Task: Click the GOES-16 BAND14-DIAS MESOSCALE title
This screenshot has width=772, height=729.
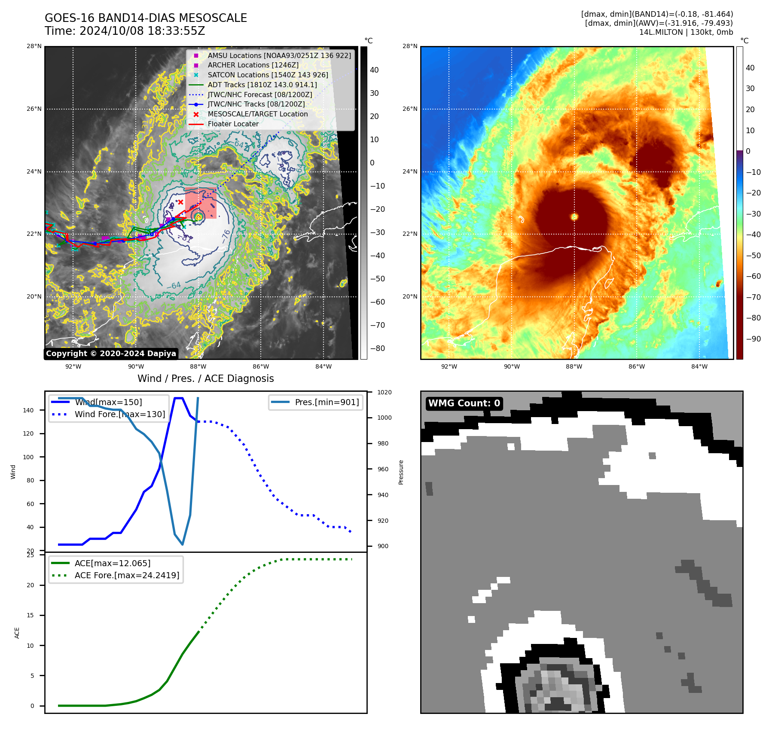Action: click(146, 18)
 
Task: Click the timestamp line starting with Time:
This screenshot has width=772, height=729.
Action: click(125, 31)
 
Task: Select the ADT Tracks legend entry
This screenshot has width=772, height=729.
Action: click(262, 85)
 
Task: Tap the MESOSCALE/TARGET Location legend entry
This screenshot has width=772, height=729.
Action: click(257, 114)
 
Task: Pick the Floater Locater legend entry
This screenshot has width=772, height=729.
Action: click(233, 124)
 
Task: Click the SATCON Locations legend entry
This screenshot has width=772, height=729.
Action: click(268, 75)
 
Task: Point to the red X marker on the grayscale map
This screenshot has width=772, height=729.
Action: click(181, 202)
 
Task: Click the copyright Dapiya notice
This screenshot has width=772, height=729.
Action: click(111, 354)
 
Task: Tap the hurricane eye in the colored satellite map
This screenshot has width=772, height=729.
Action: click(574, 217)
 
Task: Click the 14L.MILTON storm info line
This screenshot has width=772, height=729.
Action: click(686, 32)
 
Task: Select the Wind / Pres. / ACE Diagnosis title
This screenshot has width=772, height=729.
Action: click(205, 378)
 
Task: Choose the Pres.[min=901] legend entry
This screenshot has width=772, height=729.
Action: click(326, 402)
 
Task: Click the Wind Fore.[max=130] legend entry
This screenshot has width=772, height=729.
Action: click(119, 414)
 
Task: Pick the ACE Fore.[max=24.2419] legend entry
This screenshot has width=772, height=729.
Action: click(127, 575)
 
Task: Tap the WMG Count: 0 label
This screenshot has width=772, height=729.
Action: click(464, 403)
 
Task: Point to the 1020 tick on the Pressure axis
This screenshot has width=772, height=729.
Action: click(384, 392)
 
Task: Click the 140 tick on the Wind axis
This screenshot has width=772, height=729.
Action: click(28, 410)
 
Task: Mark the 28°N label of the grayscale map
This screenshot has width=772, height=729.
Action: click(34, 46)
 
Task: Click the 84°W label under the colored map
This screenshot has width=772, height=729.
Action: click(699, 366)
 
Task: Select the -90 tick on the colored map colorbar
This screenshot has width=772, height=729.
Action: click(753, 339)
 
